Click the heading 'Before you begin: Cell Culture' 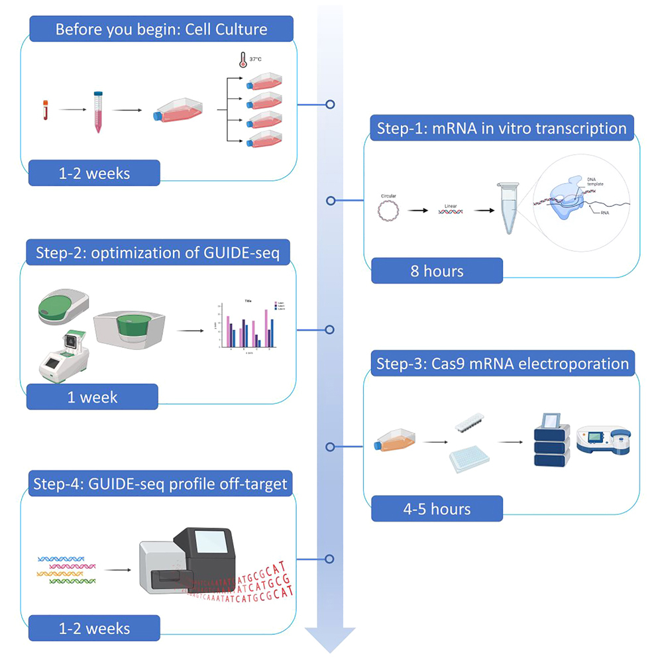(x=161, y=30)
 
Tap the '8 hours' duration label (x=436, y=270)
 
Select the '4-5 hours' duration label (x=436, y=509)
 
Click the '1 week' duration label (x=92, y=397)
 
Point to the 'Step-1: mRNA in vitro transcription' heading (x=502, y=128)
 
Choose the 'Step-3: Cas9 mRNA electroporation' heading (x=502, y=363)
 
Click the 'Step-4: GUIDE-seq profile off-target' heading (x=160, y=484)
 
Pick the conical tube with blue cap (x=99, y=112)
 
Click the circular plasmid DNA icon (x=388, y=211)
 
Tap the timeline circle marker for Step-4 (x=329, y=559)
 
